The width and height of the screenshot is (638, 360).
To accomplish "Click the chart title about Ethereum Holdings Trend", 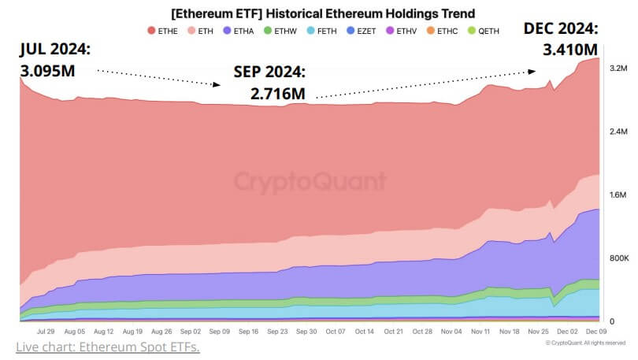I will point(323,13).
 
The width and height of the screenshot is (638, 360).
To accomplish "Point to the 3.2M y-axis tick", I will point(618,69).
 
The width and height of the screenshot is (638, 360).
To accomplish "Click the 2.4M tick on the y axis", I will point(618,132).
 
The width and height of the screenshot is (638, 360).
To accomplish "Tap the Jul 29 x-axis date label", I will point(46,332).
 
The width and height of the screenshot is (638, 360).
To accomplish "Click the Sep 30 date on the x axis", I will point(306,332).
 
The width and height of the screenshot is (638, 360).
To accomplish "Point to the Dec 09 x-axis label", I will point(595,332).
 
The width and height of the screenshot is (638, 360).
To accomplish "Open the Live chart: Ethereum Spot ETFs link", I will point(107,347).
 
